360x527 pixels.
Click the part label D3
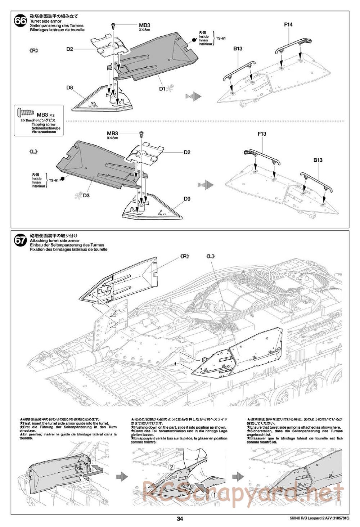(x=86, y=195)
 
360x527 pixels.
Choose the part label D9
(x=186, y=198)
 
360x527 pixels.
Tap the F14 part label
(x=288, y=24)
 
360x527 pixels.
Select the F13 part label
(x=262, y=134)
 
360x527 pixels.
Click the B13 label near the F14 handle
(x=238, y=49)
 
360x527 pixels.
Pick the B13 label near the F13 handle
(x=318, y=160)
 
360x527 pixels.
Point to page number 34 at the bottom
(x=180, y=519)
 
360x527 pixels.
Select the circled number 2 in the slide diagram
(x=171, y=467)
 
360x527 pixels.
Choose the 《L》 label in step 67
(x=211, y=256)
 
